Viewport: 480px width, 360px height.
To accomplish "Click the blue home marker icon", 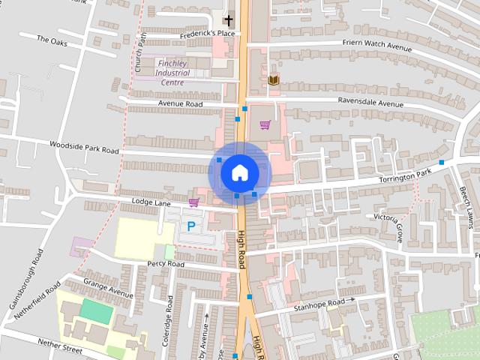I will tap(239, 172).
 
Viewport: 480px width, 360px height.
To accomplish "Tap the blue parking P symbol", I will tap(191, 225).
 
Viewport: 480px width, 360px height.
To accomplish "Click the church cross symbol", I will tap(228, 20).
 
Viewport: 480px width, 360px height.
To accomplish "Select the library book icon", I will tap(273, 79).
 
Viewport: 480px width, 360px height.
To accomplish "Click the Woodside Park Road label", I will tap(84, 146).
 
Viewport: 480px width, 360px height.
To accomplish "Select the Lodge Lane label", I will tap(151, 203).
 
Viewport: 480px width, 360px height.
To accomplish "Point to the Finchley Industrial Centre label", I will tap(172, 73).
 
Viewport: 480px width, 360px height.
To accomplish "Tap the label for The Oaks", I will tap(52, 40).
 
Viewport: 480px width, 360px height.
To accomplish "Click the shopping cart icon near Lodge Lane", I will tap(194, 202).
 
